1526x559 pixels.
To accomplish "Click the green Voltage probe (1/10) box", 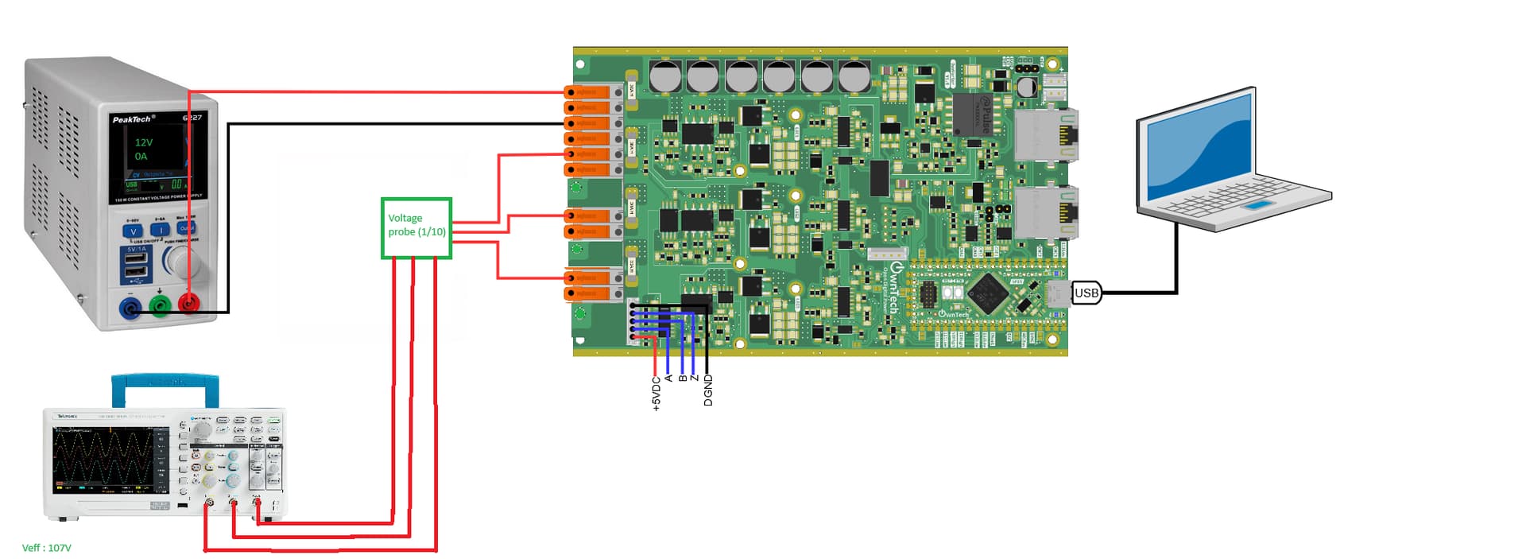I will click(416, 228).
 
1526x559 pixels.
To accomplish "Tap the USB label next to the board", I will click(1086, 293).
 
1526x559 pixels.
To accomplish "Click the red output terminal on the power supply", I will click(189, 303).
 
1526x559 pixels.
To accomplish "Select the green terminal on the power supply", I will click(160, 305).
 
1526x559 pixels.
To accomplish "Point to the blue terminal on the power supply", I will click(130, 308).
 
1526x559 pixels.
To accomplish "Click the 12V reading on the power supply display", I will click(144, 142).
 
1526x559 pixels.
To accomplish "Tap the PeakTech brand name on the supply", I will click(132, 119).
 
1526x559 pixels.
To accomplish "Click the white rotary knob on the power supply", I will click(180, 260).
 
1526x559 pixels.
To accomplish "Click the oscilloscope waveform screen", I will click(103, 459).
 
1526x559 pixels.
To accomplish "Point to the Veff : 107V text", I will click(46, 548).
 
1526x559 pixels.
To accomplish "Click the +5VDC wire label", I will click(656, 393).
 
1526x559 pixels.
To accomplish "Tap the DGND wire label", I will click(708, 390).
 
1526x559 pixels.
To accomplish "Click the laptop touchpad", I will click(1254, 206).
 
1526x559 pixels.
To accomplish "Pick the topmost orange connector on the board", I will click(587, 92).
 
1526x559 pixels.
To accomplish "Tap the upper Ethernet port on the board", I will click(1045, 135).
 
